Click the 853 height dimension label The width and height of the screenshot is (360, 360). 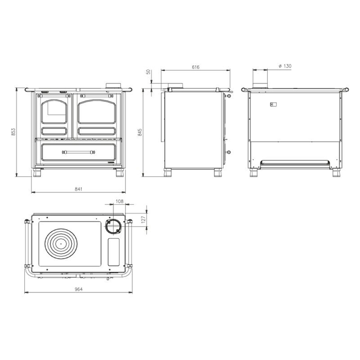tap(14, 132)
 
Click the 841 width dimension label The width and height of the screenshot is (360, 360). tap(78, 189)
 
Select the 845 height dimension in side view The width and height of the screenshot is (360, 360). tap(140, 132)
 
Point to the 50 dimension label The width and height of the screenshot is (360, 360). tap(149, 72)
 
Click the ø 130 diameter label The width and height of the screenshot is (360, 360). tap(285, 66)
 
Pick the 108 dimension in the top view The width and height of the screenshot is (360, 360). tap(119, 201)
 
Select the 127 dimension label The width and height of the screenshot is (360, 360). tap(143, 219)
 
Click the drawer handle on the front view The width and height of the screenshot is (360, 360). tap(79, 152)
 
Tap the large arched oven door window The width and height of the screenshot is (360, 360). tap(98, 113)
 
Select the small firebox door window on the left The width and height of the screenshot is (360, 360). tap(54, 113)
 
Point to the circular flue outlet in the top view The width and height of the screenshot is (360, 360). tap(113, 227)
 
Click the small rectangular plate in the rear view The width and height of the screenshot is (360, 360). tap(273, 105)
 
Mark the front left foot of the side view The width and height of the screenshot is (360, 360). tap(168, 173)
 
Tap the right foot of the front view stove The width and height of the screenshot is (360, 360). tap(121, 173)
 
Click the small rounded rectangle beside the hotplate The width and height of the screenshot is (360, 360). tap(114, 252)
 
